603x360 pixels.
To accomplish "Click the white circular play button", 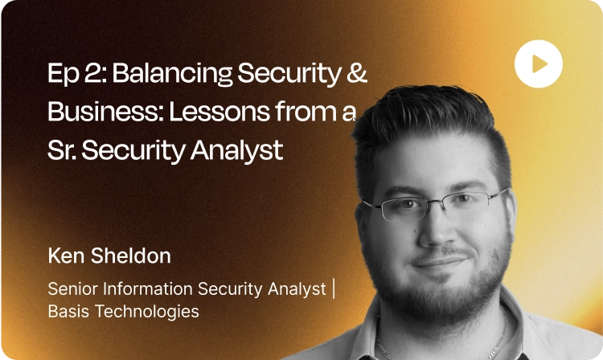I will [x=539, y=63].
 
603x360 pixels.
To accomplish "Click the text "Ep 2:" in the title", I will [x=76, y=74].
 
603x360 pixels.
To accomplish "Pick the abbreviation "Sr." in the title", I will [x=65, y=149].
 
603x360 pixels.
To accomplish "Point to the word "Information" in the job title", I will [x=150, y=289].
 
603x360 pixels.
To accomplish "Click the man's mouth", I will [x=441, y=262].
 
